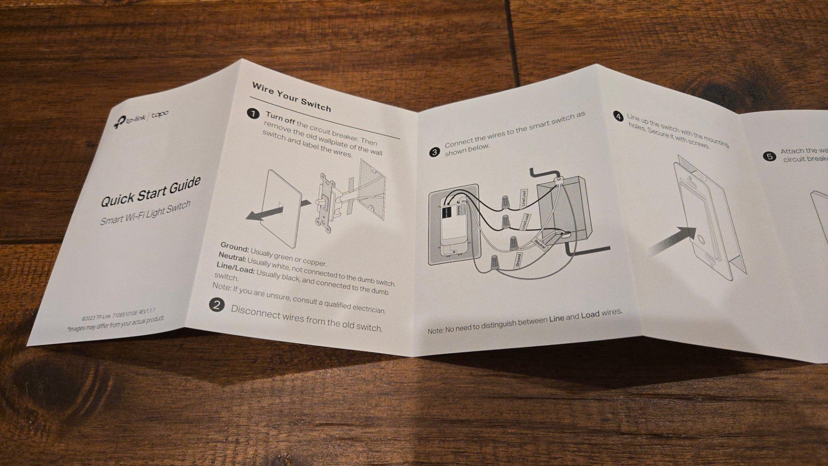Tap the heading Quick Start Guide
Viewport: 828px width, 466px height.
pyautogui.click(x=151, y=191)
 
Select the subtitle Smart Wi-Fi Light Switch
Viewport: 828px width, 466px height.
pyautogui.click(x=145, y=213)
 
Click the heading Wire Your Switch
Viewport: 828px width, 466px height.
pyautogui.click(x=292, y=97)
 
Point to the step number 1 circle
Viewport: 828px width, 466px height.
pyautogui.click(x=253, y=114)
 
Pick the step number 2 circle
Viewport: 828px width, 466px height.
pyautogui.click(x=216, y=305)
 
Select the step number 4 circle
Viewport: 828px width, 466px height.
pyautogui.click(x=618, y=116)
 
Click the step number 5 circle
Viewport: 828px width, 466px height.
pyautogui.click(x=769, y=156)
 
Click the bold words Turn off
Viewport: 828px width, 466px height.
pyautogui.click(x=280, y=118)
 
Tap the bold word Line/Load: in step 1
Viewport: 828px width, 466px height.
pyautogui.click(x=235, y=271)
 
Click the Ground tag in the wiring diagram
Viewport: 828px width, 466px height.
pyautogui.click(x=518, y=260)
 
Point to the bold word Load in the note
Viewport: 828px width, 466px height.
pyautogui.click(x=590, y=315)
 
